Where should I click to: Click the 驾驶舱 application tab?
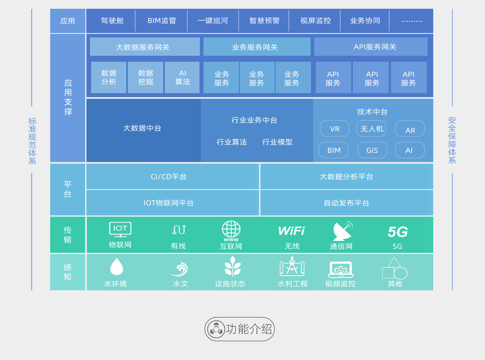point(112,21)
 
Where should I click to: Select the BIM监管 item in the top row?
point(162,21)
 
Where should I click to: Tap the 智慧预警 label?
point(264,21)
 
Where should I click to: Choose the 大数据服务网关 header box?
point(145,47)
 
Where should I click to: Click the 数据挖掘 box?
point(145,78)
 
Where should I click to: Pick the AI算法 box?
point(182,78)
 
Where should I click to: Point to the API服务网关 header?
point(371,47)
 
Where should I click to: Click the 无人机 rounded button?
point(371,129)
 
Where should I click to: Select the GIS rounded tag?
point(372,150)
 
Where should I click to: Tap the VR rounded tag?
point(334,129)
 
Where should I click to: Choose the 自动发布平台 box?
point(346,203)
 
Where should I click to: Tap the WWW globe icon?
point(231,231)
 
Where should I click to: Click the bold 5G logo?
point(397,232)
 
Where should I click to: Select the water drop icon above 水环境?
point(116,266)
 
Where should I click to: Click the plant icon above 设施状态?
point(233,266)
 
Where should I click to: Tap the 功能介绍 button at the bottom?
point(240,329)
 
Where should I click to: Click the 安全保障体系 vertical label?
point(452,140)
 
